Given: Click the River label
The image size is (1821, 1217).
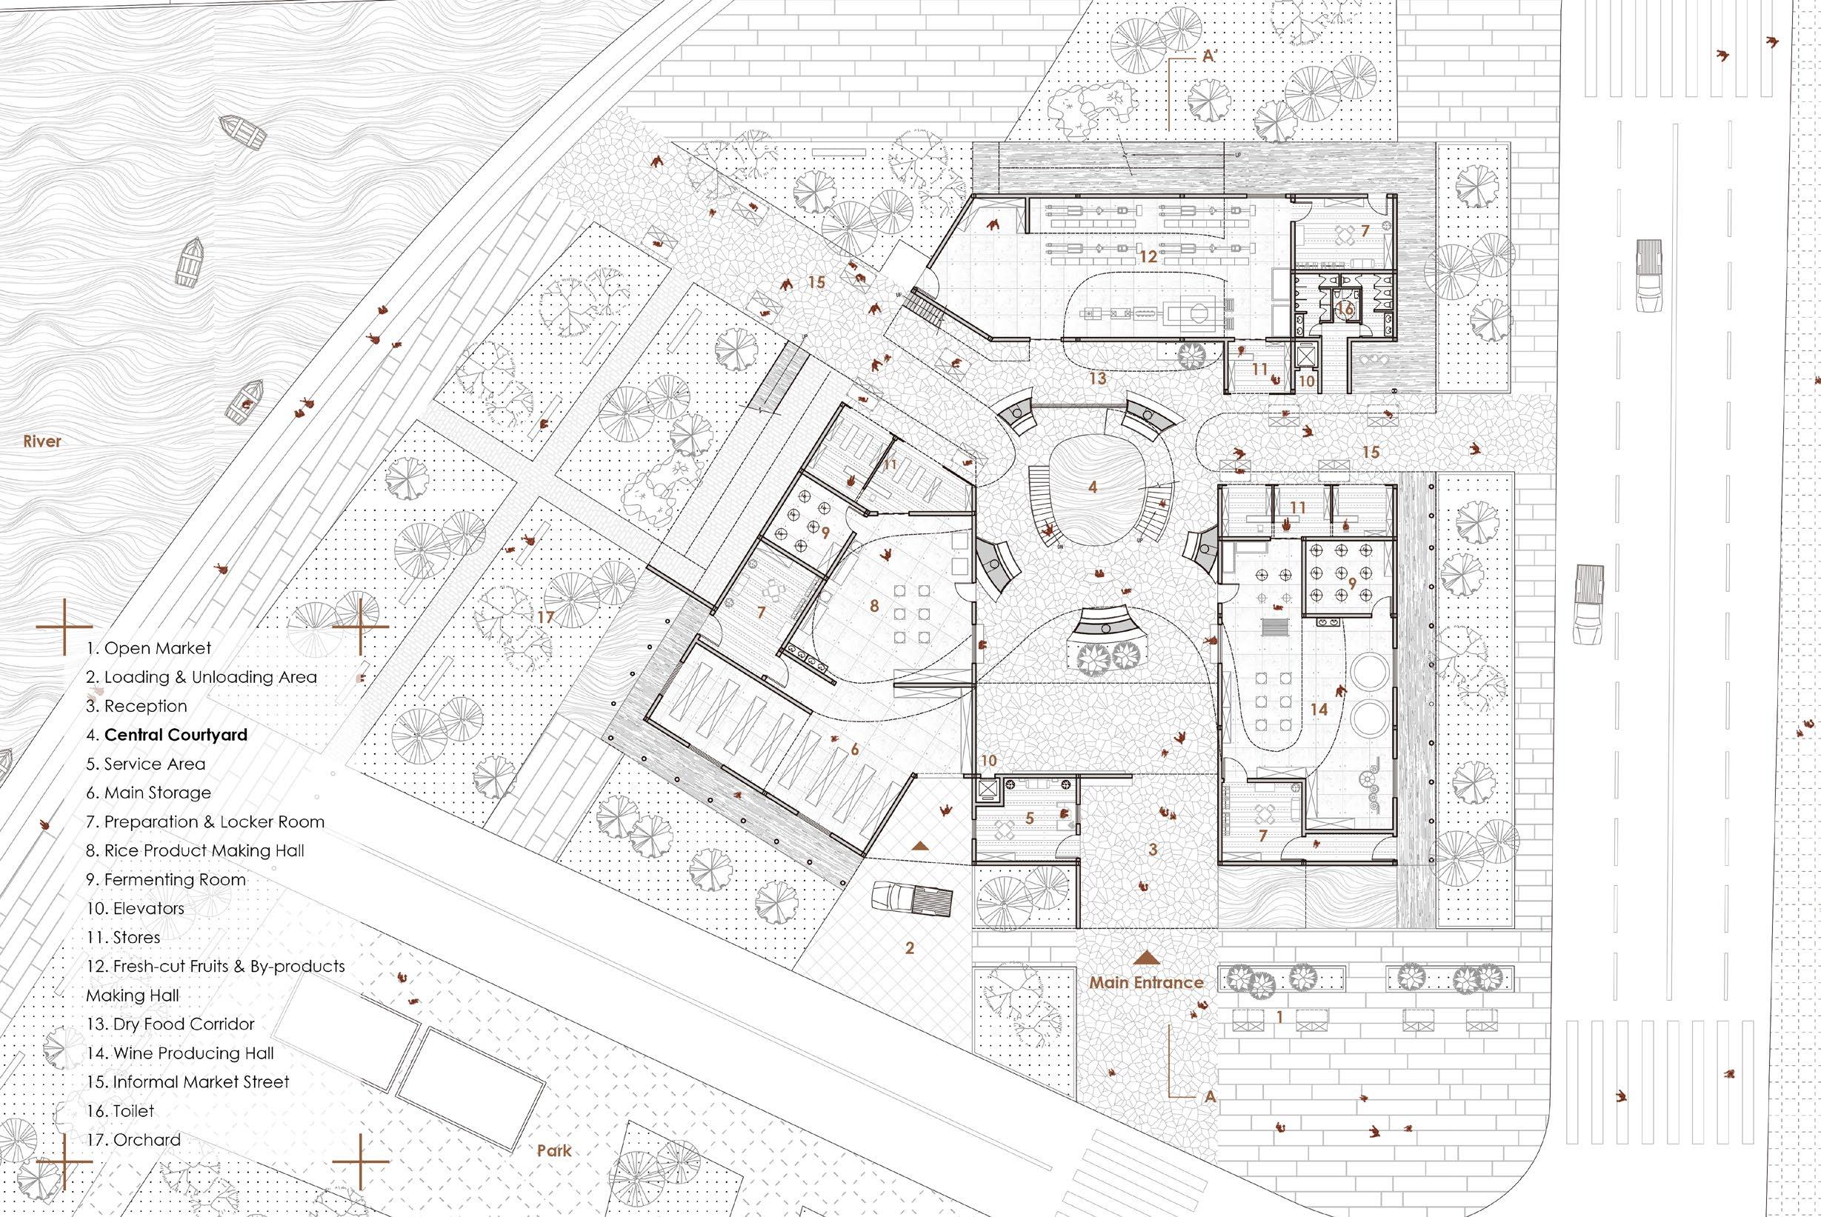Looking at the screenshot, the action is click(42, 441).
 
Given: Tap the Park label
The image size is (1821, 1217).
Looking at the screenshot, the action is click(554, 1150).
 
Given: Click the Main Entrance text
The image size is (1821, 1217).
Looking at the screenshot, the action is click(1145, 983).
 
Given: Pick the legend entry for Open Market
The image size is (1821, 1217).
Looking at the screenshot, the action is click(148, 648).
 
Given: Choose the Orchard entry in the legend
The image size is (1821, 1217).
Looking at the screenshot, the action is click(133, 1140).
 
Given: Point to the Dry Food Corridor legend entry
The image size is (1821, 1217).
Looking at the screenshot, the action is click(170, 1024).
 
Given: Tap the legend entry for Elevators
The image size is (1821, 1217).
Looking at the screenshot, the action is click(135, 908).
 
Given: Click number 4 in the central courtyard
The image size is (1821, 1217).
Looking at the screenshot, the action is click(1093, 487).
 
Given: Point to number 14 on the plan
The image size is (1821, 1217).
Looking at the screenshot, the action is click(1318, 709).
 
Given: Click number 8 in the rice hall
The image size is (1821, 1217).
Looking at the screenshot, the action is click(874, 605).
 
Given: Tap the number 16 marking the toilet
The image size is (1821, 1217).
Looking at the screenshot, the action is click(1345, 309).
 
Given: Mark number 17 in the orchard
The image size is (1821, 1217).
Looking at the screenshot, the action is click(546, 617).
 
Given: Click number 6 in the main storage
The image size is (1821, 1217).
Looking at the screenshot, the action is click(855, 750).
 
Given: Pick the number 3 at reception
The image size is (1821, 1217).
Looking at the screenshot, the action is click(1153, 850).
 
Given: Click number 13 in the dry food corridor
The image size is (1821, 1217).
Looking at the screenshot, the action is click(1096, 379).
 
